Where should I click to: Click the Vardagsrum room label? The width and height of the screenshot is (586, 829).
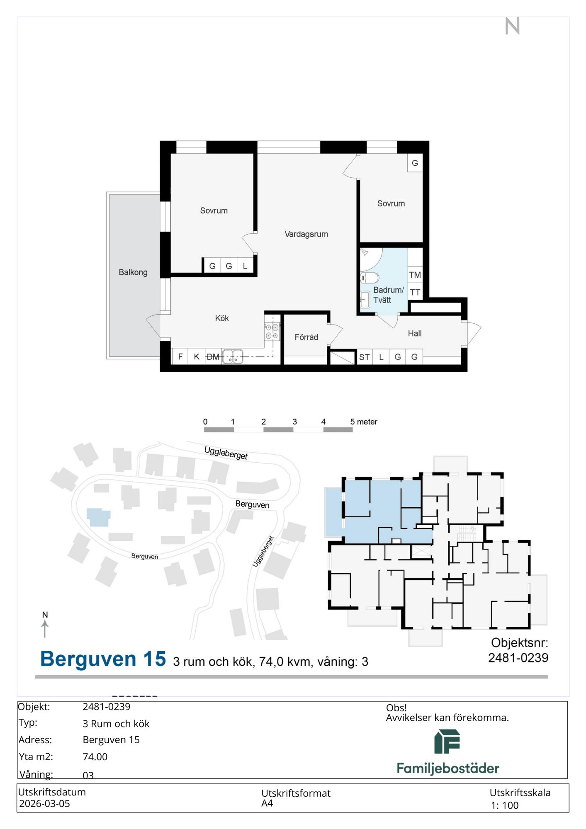point(306,234)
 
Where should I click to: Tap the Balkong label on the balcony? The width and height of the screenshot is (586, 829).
point(133,272)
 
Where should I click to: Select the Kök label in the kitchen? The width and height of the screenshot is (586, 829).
point(222,318)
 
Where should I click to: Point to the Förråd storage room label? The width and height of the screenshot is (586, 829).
point(306,337)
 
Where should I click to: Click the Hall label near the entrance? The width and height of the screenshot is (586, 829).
point(415,334)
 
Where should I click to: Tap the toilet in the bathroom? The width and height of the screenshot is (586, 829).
point(370,277)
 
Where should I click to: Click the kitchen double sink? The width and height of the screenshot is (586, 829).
point(233,357)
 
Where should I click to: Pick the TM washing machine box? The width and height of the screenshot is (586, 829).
point(415,275)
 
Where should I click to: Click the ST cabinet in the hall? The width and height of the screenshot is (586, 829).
point(365,357)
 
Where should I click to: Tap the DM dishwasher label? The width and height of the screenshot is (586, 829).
point(213,357)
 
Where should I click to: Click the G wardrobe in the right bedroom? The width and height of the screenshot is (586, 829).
point(415,163)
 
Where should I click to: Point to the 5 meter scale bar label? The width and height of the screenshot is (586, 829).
point(364,422)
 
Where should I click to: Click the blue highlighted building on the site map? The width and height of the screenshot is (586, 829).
point(98,517)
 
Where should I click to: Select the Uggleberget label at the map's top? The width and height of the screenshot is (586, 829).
point(226,453)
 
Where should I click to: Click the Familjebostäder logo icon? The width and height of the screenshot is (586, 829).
point(447,742)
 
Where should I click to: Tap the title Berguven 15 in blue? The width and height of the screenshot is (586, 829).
point(103,659)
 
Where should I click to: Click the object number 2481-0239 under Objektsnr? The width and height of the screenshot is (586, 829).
point(518,658)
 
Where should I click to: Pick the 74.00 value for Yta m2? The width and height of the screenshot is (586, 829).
point(95,757)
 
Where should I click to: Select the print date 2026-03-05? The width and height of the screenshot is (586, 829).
point(44,804)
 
